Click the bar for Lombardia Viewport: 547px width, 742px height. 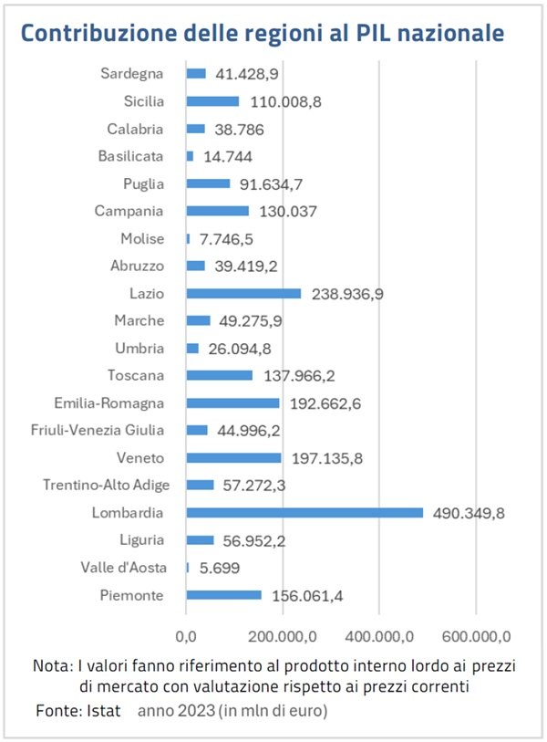pyautogui.click(x=304, y=513)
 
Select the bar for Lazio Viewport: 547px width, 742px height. pyautogui.click(x=243, y=293)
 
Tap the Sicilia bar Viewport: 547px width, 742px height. pyautogui.click(x=212, y=101)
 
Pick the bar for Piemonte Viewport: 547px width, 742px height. pyautogui.click(x=223, y=595)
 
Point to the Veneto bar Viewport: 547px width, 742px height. pyautogui.click(x=233, y=457)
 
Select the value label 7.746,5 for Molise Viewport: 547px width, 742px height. pyautogui.click(x=227, y=238)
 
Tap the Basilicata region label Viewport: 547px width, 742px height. pyautogui.click(x=131, y=156)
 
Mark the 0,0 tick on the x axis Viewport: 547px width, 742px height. pyautogui.click(x=186, y=635)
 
